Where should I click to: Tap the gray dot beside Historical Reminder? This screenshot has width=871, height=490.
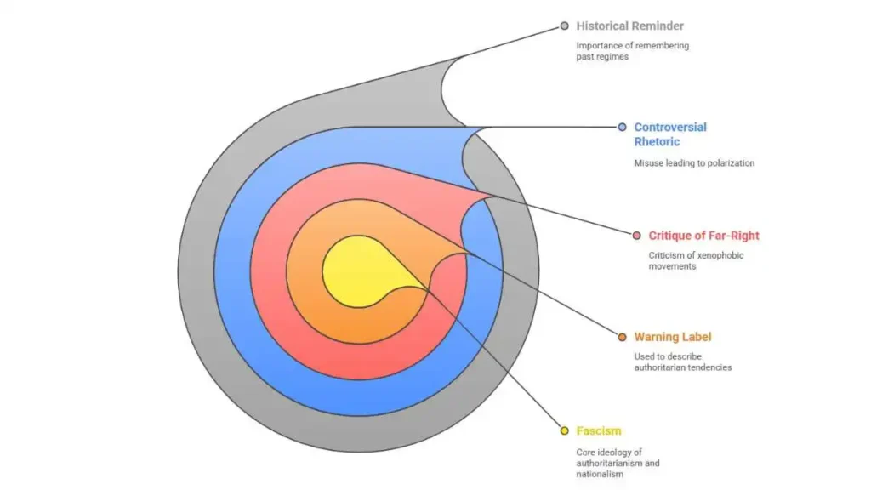tap(565, 26)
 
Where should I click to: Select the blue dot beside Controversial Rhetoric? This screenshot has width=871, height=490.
tap(622, 128)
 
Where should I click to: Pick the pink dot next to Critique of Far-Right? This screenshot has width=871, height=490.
tap(636, 236)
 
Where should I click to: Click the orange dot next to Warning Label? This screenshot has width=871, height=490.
tap(622, 337)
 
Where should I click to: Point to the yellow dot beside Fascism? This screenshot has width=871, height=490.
tap(565, 430)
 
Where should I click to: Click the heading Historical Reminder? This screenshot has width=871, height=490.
tap(629, 26)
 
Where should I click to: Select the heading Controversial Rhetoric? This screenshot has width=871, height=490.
tap(670, 134)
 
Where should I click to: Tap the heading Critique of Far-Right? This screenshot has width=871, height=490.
tap(703, 236)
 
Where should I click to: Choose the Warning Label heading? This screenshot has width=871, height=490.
tap(673, 337)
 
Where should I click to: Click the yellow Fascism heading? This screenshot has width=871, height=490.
tap(599, 430)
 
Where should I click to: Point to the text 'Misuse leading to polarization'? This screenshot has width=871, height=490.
tap(694, 163)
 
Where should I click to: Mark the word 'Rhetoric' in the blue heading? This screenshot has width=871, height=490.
tap(658, 142)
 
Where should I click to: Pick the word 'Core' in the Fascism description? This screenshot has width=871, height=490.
tap(585, 453)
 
